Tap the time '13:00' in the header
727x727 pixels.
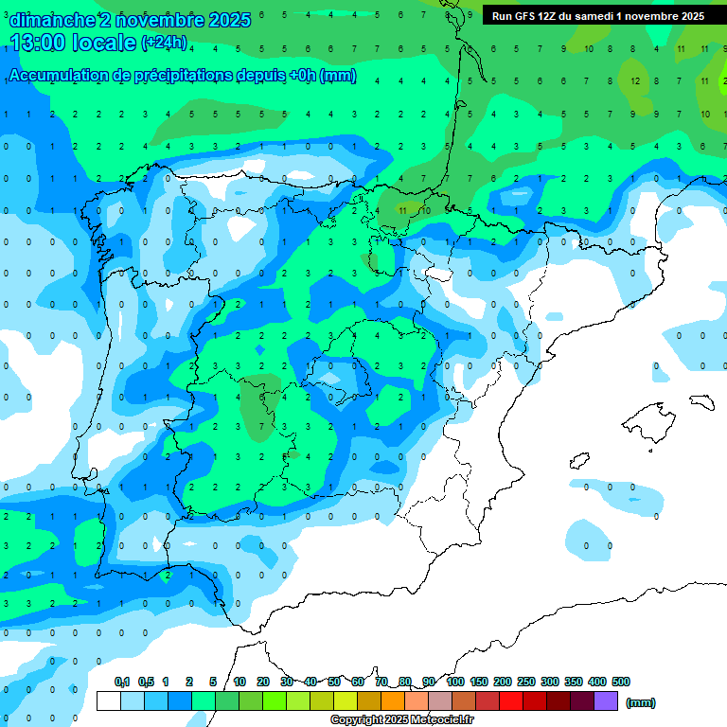44,42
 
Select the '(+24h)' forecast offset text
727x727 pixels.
164,43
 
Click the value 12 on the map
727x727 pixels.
636,81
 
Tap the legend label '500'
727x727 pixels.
621,682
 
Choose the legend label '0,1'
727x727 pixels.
122,682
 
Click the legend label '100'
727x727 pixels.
455,682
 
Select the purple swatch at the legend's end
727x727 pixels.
606,701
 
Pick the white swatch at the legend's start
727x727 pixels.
109,701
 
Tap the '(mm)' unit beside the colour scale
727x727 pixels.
641,702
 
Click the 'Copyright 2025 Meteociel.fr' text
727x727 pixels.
402,720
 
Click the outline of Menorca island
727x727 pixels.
700,401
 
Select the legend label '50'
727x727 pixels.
334,682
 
